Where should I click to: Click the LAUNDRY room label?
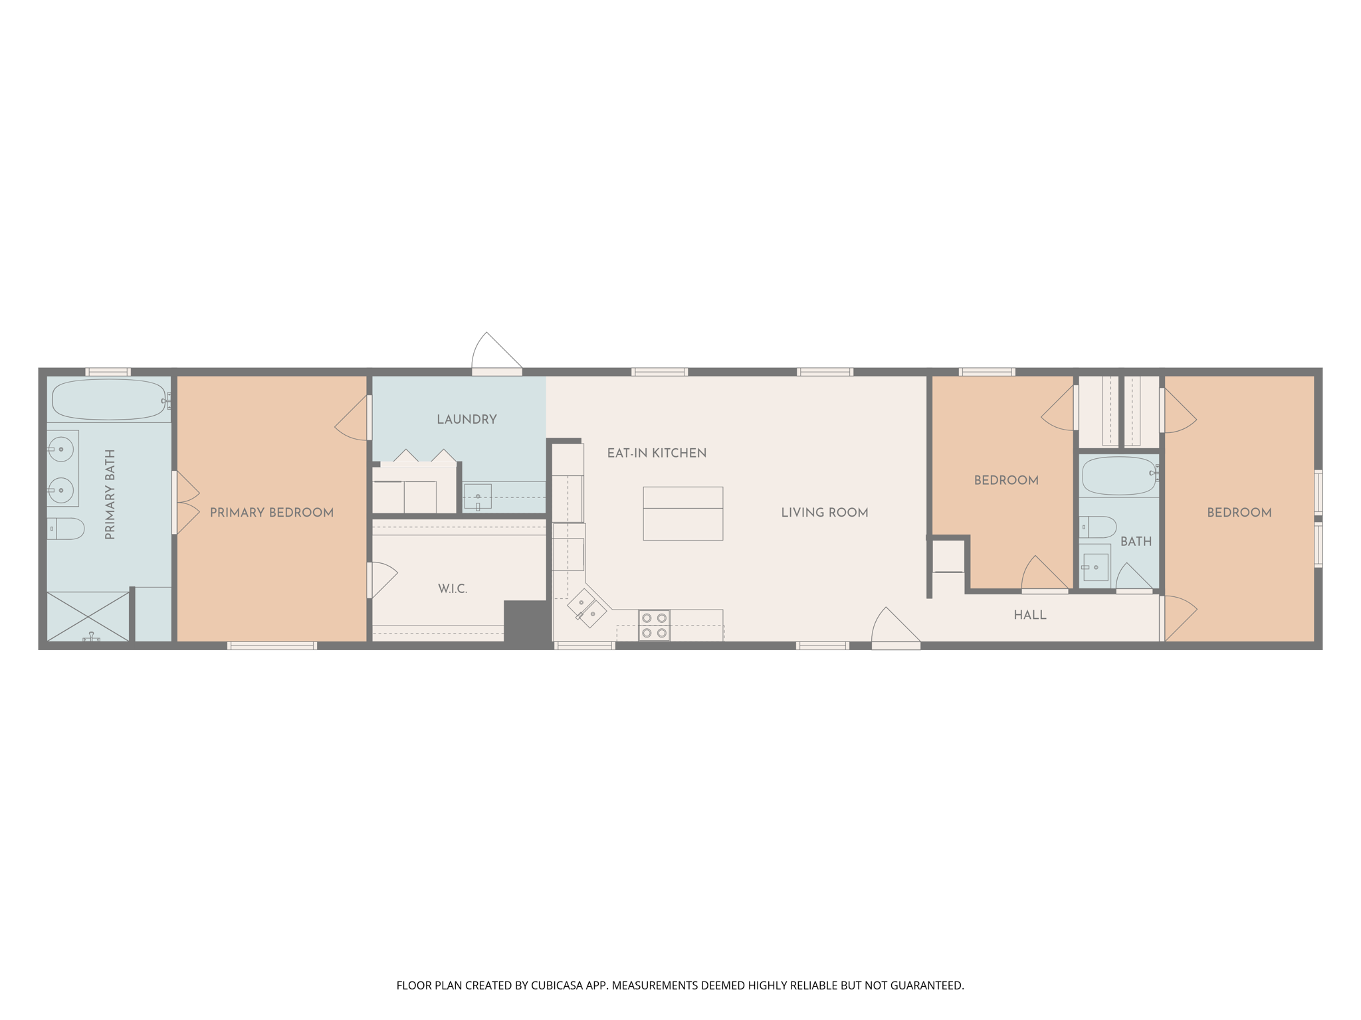tap(467, 420)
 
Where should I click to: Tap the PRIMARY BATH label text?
tap(110, 494)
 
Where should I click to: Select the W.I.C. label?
tap(453, 589)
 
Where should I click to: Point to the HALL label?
tap(1030, 616)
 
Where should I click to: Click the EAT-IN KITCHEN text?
tap(657, 454)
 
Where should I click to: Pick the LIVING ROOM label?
tap(824, 513)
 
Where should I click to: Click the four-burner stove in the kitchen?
tap(654, 626)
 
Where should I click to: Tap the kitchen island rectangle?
tap(682, 513)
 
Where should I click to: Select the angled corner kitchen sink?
tap(587, 608)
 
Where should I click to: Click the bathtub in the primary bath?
tap(108, 399)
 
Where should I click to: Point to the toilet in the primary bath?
tap(66, 529)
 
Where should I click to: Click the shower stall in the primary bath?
tap(88, 616)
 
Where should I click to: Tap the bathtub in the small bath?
tap(1119, 475)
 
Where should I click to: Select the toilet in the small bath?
tap(1098, 527)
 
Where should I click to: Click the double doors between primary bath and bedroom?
tap(186, 503)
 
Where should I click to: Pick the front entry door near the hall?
tap(894, 628)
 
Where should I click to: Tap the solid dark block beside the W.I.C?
tap(526, 621)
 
